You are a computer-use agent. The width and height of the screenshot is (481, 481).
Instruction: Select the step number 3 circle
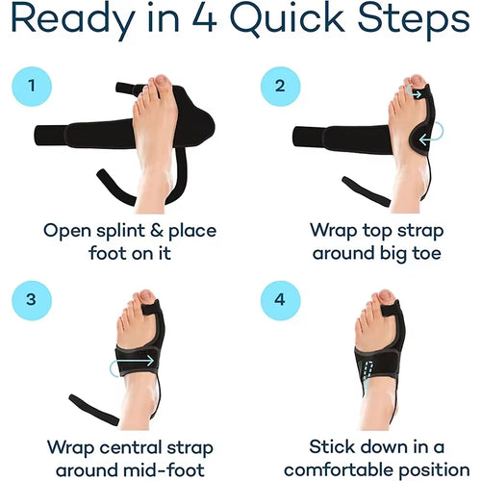tap(34, 299)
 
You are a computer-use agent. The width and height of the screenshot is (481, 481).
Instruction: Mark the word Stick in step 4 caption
tap(333, 446)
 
